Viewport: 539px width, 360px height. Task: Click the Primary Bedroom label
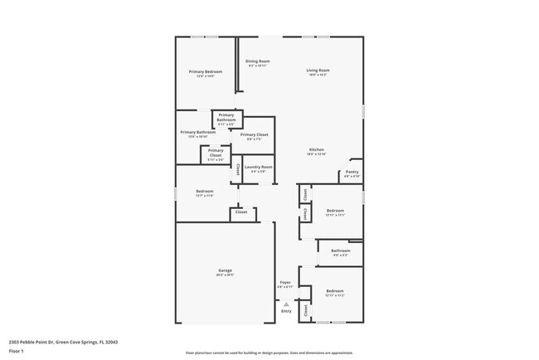(206, 72)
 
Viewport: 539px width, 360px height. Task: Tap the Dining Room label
(257, 61)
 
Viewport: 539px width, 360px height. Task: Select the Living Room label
(318, 71)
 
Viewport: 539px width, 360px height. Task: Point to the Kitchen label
(317, 150)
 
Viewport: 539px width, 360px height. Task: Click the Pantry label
(352, 173)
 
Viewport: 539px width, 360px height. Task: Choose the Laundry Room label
(258, 167)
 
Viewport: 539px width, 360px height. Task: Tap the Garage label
(225, 270)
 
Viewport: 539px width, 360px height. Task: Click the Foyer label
(284, 283)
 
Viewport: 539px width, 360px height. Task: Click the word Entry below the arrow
(286, 311)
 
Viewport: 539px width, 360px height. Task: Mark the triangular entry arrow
(286, 304)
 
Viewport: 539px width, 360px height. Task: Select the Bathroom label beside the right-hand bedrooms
(341, 251)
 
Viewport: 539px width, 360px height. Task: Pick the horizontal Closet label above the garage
(241, 212)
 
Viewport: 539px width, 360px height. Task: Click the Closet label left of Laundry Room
(239, 168)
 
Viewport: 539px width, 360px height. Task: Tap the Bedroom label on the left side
(205, 192)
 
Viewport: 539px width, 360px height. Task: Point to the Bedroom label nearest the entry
(334, 291)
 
